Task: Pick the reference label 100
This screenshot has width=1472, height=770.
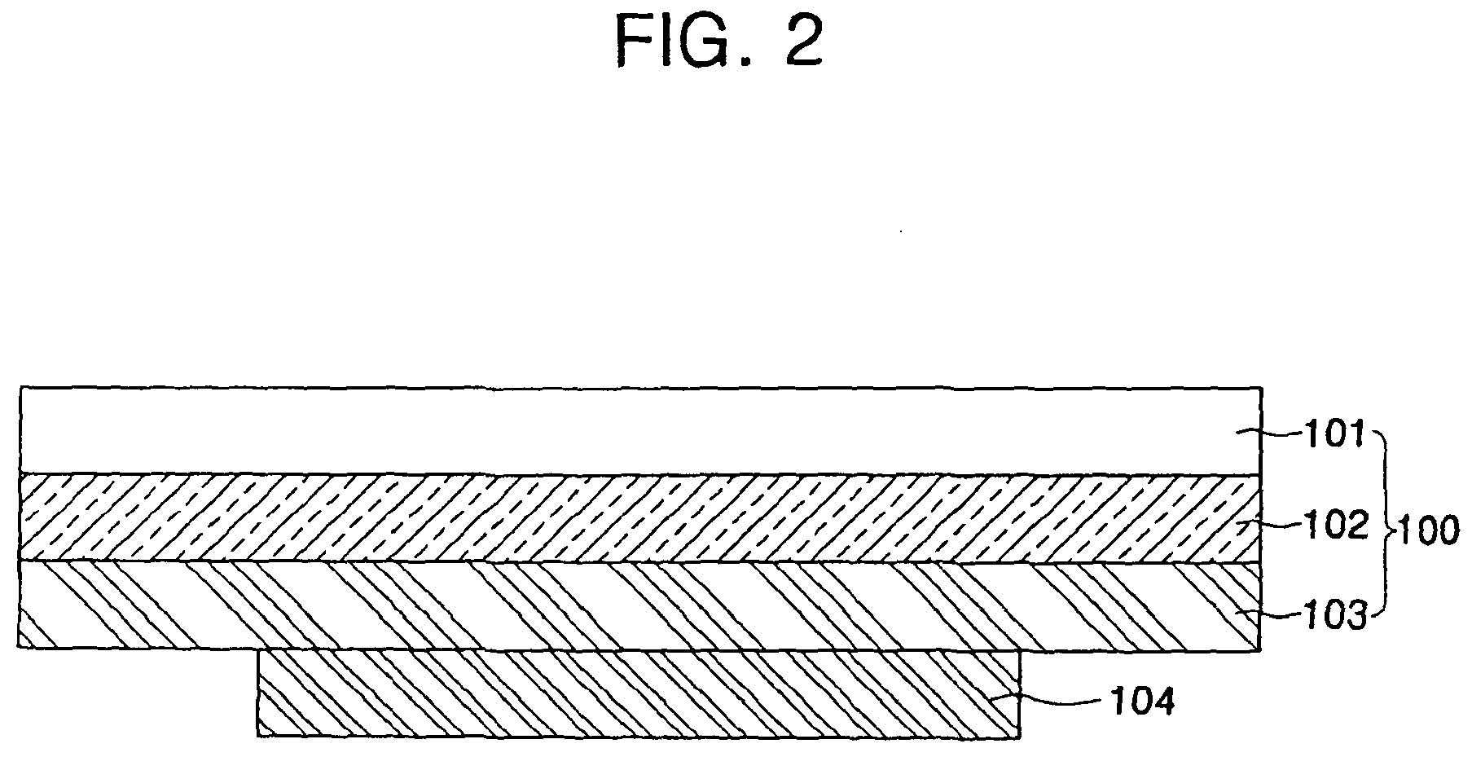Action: pyautogui.click(x=1427, y=531)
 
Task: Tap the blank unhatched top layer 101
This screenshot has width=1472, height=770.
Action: pyautogui.click(x=635, y=430)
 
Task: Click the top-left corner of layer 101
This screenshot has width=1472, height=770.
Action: pyautogui.click(x=20, y=387)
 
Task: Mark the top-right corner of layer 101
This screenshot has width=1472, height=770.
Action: pyautogui.click(x=1262, y=387)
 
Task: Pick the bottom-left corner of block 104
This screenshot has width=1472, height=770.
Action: pyautogui.click(x=258, y=737)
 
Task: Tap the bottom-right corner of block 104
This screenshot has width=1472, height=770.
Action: pyautogui.click(x=1019, y=737)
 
